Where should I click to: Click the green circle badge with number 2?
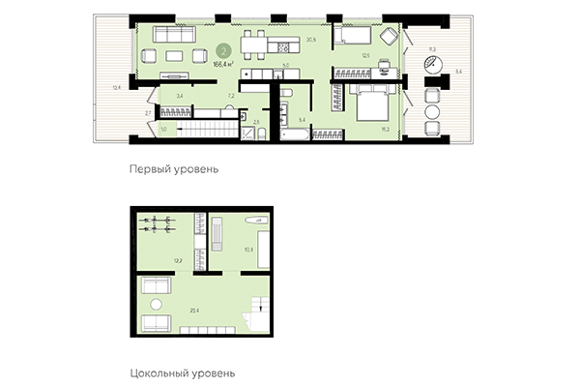(223, 51)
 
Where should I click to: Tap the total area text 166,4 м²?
(223, 64)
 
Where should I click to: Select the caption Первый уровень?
(173, 167)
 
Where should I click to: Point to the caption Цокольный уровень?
(182, 372)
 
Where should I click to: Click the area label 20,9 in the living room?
(311, 40)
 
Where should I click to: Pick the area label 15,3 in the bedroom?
(386, 127)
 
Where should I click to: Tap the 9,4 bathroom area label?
(303, 118)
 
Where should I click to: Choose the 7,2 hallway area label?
(230, 98)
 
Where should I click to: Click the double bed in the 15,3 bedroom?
(369, 102)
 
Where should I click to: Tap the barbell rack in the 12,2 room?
(157, 225)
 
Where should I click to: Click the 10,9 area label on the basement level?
(248, 251)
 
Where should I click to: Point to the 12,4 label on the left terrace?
(116, 87)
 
